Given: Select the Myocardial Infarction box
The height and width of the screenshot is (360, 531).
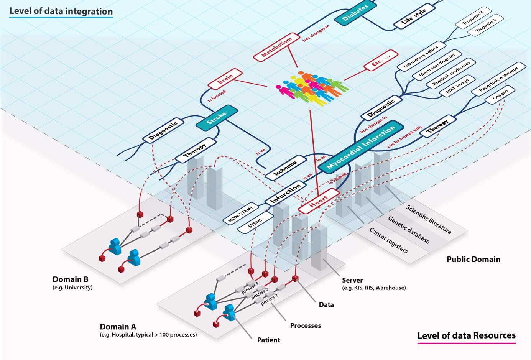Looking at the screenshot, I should point(360,147).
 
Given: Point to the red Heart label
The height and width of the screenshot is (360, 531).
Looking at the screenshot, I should point(319,201).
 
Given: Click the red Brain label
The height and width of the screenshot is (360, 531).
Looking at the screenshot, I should point(225,79).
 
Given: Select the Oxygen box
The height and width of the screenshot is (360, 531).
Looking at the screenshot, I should point(500,94).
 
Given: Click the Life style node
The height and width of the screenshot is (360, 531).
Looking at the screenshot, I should point(414,17).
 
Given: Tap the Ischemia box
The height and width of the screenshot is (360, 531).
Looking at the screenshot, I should point(286,167).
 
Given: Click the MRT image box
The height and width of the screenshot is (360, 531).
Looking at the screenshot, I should point(457,85).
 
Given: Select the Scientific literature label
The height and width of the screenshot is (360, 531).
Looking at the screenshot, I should point(429,219).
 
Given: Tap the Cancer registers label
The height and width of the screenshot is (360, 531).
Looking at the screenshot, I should point(388,240).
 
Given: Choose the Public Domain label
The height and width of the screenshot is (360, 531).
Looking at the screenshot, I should point(473,259).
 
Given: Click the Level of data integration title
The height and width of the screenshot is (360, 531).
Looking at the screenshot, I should point(61,11).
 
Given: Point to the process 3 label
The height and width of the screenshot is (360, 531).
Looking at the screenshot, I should point(250,288).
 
